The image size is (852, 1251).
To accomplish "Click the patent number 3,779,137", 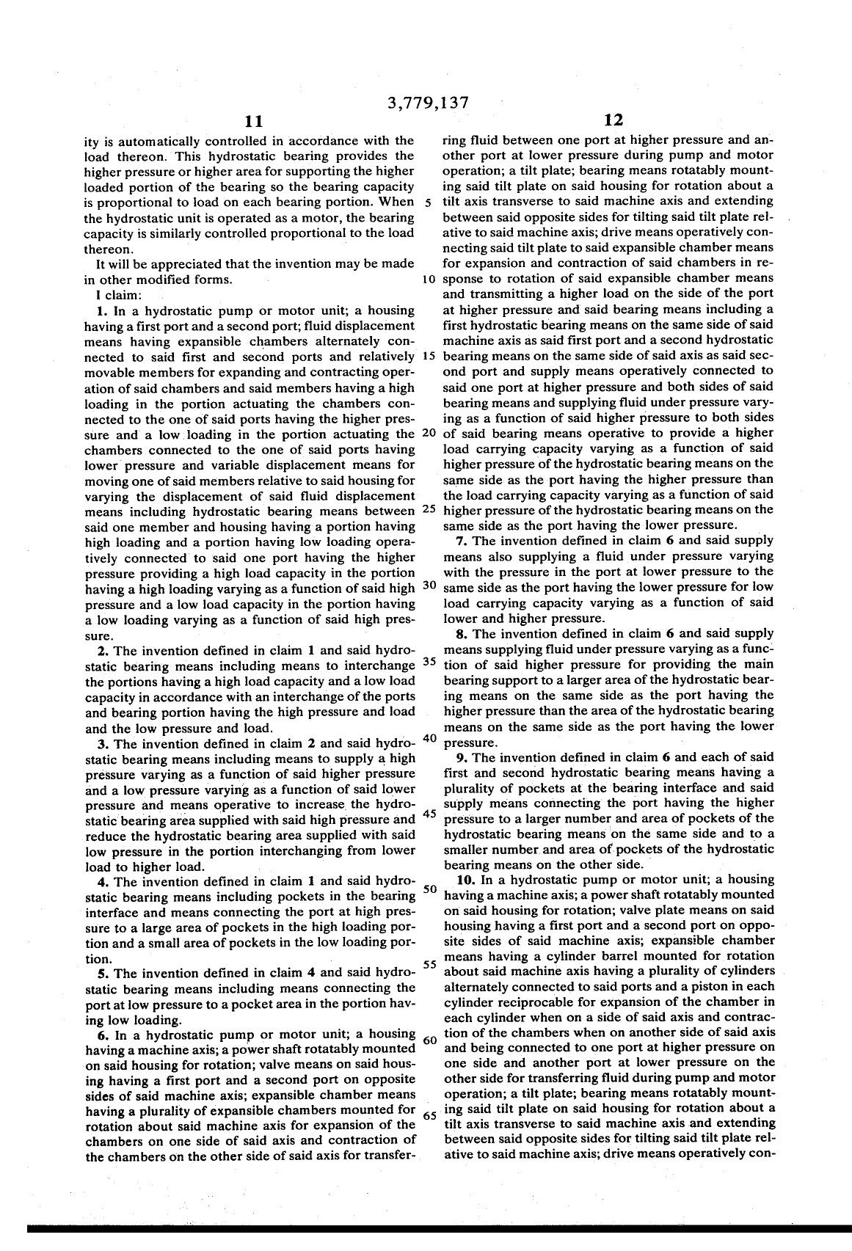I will click(426, 102).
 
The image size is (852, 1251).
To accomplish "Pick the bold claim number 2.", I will click(102, 651).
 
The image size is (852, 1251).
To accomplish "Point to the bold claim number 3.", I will click(102, 743).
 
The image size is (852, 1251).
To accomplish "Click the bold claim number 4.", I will click(102, 882).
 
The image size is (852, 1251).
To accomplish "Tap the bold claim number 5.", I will click(102, 974).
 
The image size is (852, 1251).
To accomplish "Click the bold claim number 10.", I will click(464, 879).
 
